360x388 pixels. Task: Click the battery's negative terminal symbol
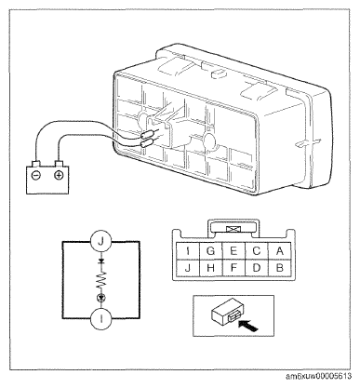pos(36,176)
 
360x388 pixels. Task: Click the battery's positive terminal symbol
pos(59,175)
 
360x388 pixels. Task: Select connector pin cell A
pos(280,250)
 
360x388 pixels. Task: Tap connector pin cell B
pos(280,267)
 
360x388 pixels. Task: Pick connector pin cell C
pos(257,250)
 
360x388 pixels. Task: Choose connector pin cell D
pos(257,267)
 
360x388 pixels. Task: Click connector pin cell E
pos(233,250)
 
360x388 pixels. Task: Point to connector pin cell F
pos(233,267)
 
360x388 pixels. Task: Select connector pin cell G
pos(211,250)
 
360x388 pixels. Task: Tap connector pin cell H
pos(211,267)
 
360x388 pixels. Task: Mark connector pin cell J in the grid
pos(188,267)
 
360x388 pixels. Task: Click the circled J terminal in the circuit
pos(100,241)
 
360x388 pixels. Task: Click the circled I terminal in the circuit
pos(100,318)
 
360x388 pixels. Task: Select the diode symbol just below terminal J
pos(100,261)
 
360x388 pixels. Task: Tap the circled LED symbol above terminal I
pos(100,298)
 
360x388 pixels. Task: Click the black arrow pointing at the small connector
pos(248,326)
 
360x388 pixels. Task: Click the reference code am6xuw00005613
pos(318,376)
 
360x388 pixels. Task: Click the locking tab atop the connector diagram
pos(233,229)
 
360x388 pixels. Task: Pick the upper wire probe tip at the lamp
pos(148,135)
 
